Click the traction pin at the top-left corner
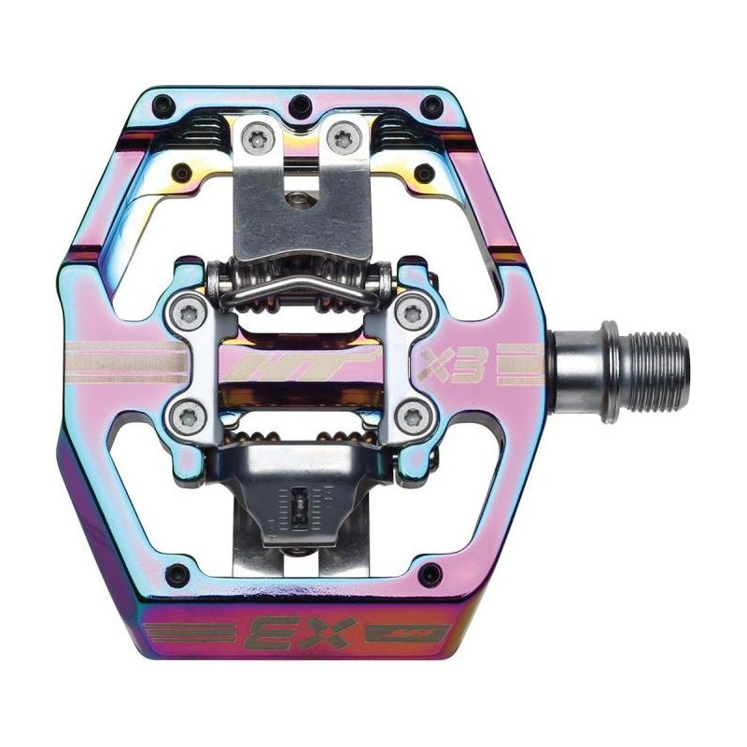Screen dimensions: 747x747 click(163, 103)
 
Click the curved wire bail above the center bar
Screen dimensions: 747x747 click(299, 296)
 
